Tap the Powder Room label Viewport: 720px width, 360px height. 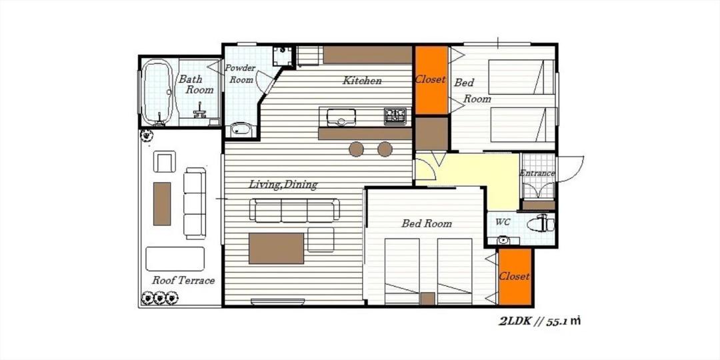[x=240, y=73]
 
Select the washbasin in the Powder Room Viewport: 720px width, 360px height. [x=240, y=129]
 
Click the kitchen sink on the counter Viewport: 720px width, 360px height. [x=341, y=117]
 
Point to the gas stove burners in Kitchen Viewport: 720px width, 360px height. [x=395, y=116]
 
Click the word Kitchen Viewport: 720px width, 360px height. [x=362, y=81]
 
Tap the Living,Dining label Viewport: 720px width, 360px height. [x=283, y=185]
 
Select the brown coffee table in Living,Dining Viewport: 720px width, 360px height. [x=277, y=249]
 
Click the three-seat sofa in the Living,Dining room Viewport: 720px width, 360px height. [x=295, y=210]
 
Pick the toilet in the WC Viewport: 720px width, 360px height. [x=541, y=224]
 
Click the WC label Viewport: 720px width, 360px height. [x=503, y=221]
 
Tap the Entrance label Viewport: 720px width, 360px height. [x=537, y=173]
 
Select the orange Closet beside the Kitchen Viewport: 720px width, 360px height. [x=431, y=80]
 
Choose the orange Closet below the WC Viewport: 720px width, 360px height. [x=515, y=277]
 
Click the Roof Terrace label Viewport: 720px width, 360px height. [x=183, y=280]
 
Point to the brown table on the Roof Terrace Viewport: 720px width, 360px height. [x=161, y=204]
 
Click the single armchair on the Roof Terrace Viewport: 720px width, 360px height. [x=165, y=161]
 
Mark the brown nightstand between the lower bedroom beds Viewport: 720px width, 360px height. [x=428, y=299]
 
